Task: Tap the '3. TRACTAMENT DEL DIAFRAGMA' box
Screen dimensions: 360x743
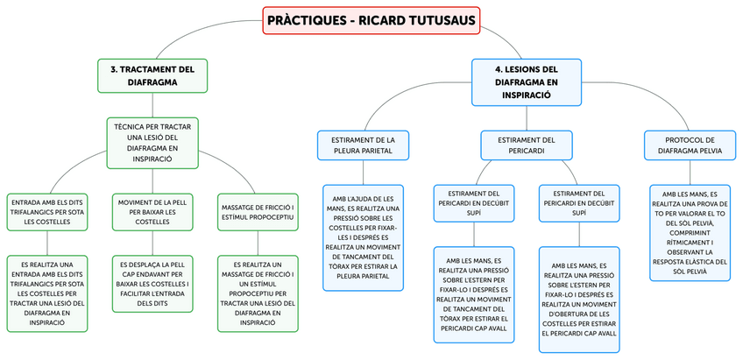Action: click(152, 75)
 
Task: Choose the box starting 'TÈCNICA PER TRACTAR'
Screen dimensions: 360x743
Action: click(152, 143)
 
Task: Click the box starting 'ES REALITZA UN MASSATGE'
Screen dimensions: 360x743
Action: click(257, 293)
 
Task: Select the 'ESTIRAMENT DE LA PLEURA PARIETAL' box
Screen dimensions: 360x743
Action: click(363, 145)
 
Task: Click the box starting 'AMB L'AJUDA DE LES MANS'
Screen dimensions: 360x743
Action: click(363, 236)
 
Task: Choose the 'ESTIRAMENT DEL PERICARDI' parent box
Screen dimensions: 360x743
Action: click(527, 145)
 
